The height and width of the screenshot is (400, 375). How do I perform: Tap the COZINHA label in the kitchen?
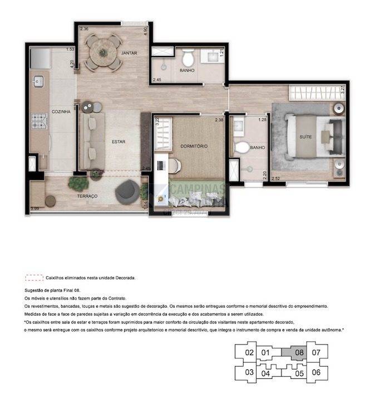61,112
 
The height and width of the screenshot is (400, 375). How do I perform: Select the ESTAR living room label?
118,142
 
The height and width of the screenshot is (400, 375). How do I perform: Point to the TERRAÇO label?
87,197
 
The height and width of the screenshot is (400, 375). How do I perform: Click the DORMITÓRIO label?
194,146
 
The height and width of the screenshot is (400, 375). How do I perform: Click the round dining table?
103,52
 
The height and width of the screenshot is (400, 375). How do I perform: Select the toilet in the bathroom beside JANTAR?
187,58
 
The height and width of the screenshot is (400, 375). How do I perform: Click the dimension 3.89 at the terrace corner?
34,209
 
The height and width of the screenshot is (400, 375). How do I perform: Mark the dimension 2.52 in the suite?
275,178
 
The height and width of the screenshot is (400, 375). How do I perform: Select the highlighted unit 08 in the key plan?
298,352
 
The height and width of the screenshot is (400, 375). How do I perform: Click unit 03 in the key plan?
249,372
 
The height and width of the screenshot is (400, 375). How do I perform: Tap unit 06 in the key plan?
315,372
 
